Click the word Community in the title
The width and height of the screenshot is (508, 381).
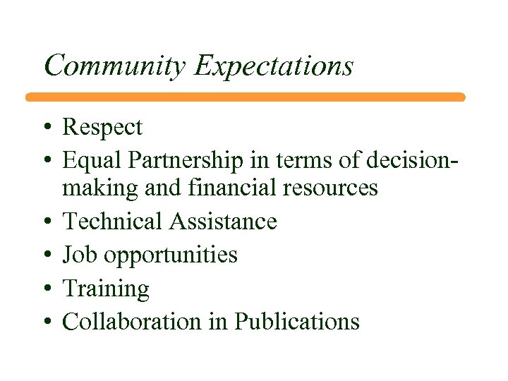tap(116, 66)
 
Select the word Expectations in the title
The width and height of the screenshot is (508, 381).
tap(274, 66)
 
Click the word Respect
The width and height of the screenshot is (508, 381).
tap(102, 128)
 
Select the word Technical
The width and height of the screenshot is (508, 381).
tap(113, 222)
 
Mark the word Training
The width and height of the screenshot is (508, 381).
tap(106, 289)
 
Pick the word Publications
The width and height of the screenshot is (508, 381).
tap(297, 322)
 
